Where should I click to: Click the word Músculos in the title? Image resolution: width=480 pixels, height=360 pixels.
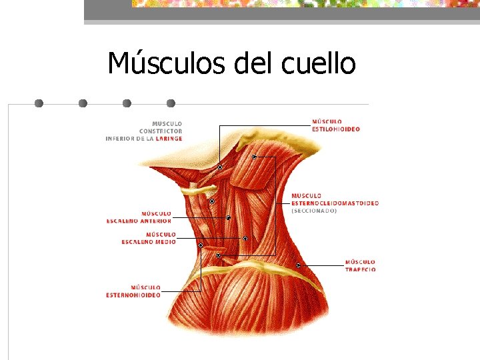[x=167, y=64]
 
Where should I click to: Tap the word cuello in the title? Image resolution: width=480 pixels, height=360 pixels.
[x=319, y=64]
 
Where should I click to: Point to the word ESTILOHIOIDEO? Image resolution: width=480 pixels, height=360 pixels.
[x=336, y=129]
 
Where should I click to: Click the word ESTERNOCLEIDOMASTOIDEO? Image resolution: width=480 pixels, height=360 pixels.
[x=335, y=203]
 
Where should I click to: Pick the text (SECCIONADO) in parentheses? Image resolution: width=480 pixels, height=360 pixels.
[x=314, y=211]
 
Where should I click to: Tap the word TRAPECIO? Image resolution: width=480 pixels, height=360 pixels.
[x=360, y=269]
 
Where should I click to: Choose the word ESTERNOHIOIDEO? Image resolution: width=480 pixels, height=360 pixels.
[x=133, y=295]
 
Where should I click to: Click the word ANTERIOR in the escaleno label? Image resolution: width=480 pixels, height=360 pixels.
[x=155, y=221]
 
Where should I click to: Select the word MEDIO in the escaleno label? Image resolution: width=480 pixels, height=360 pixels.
[x=166, y=242]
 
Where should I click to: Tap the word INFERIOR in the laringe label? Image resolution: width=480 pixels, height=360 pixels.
[x=123, y=139]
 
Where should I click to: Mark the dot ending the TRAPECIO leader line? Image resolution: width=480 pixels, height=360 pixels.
[x=298, y=265]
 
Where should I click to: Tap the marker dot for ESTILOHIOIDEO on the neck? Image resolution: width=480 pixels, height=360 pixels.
[x=219, y=167]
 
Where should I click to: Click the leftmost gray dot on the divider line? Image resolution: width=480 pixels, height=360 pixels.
[x=39, y=103]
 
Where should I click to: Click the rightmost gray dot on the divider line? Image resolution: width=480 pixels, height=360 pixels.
[x=171, y=103]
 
